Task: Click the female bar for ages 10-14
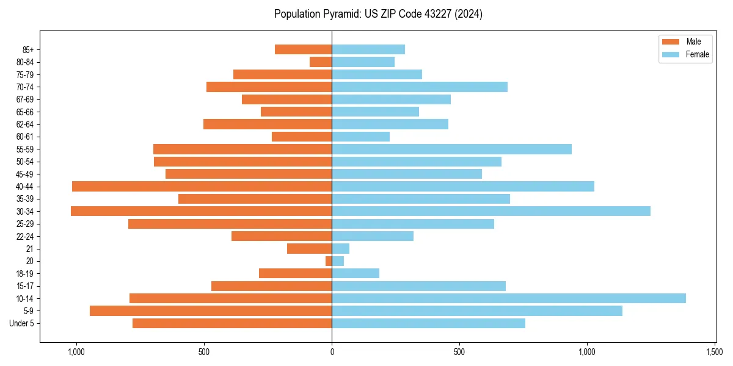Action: [508, 298]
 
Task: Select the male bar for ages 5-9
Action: [211, 310]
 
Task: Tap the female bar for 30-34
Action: [490, 211]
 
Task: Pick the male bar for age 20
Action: [329, 261]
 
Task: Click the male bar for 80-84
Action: [321, 62]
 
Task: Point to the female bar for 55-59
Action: [451, 149]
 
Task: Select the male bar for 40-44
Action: [202, 186]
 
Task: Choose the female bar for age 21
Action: [340, 248]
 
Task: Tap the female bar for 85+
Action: [368, 49]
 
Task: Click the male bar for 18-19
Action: [295, 273]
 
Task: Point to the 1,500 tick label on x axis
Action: [715, 352]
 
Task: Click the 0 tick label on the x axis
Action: [332, 352]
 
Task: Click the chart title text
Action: [378, 14]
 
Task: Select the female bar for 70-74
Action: [419, 87]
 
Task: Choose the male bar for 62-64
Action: [268, 124]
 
